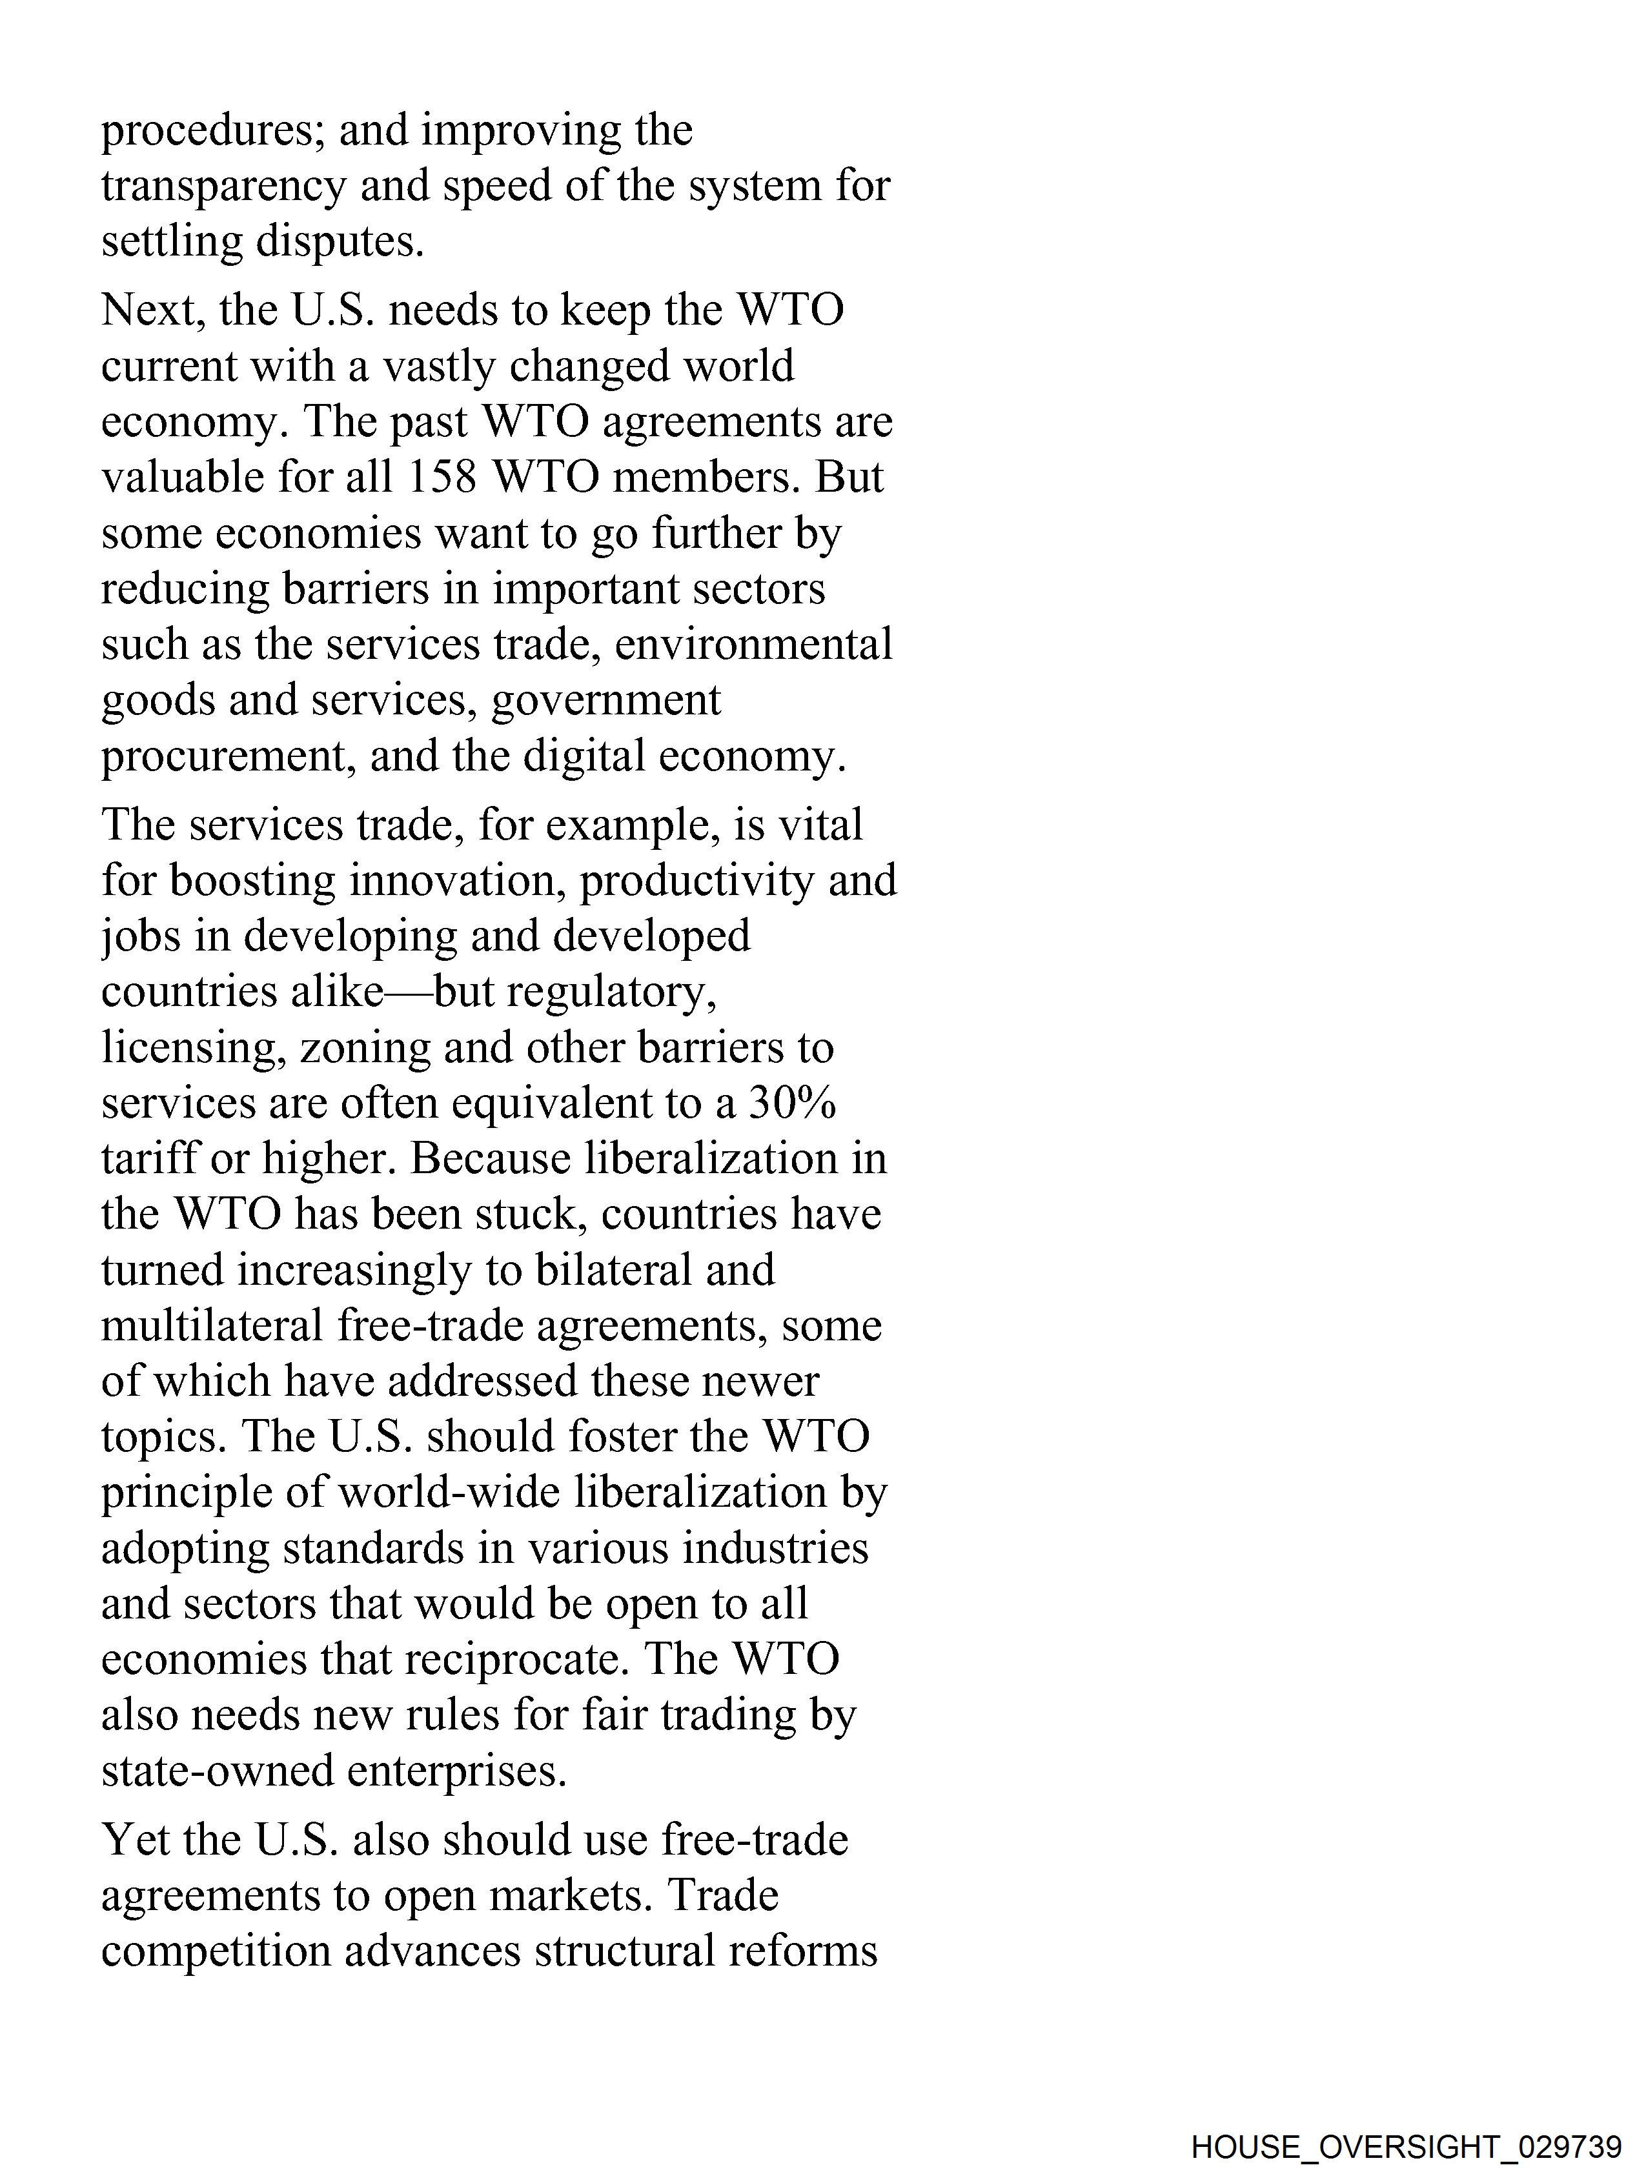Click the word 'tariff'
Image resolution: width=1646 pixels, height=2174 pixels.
(x=147, y=1160)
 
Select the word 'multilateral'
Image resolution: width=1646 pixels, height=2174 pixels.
(x=212, y=1327)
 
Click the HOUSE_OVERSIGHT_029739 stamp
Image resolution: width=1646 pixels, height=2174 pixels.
(x=1406, y=2146)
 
